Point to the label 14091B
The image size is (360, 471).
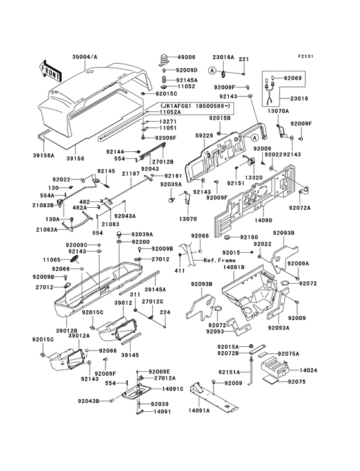[x=234, y=267]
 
